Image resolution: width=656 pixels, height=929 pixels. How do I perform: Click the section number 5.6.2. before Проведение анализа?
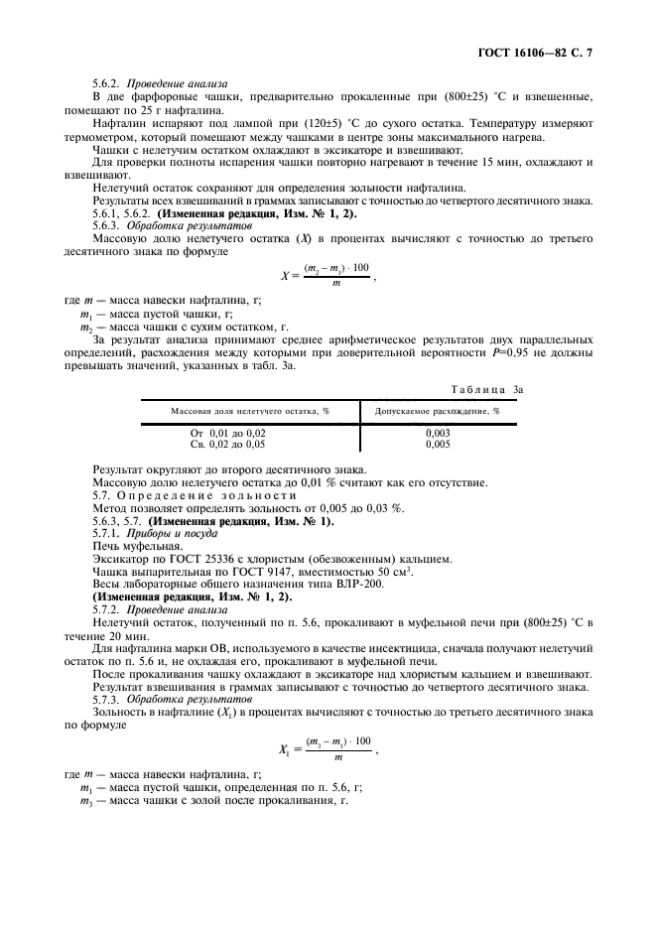[x=107, y=84]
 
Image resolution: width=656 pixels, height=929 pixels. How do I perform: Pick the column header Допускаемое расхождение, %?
[x=438, y=409]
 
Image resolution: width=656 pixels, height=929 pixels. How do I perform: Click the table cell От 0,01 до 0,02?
[x=228, y=434]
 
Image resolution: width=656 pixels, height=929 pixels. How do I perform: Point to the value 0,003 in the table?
[x=438, y=434]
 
